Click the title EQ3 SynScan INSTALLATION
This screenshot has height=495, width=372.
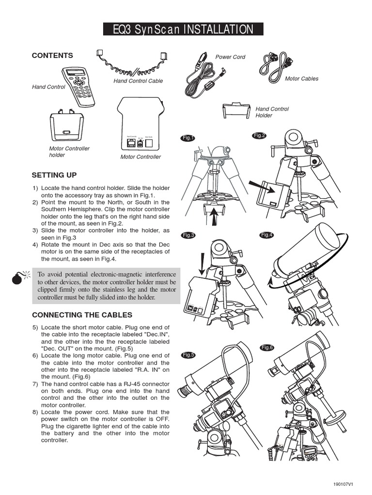coord(183,29)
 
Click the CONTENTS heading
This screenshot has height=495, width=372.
coord(52,56)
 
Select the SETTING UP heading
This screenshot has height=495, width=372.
coord(54,175)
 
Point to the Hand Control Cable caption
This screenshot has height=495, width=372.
coord(138,81)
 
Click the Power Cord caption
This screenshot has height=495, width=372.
coord(230,57)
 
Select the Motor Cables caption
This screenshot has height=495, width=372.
coord(301,79)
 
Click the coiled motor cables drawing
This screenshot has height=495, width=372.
coord(276,63)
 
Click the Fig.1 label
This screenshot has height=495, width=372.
coord(188,138)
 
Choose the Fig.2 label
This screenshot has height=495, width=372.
coord(260,136)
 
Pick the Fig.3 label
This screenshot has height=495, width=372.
coord(188,235)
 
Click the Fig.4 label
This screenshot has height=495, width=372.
coord(267,235)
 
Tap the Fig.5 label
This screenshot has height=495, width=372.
coord(188,355)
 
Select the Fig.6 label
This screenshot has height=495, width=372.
coord(267,348)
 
